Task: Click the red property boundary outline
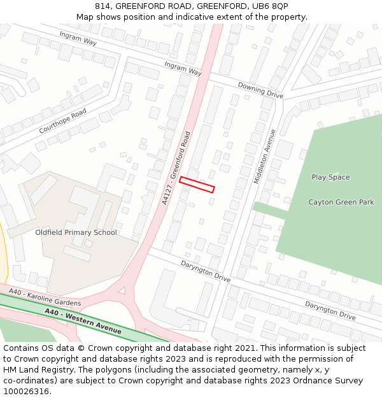coord(197,184)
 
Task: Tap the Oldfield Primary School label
coord(76,232)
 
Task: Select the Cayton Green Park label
coord(341,203)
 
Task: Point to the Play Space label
coord(330,177)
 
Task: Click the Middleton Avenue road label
coord(265,157)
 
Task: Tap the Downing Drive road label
coord(260,90)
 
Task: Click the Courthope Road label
coord(62,121)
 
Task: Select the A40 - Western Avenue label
coord(83,321)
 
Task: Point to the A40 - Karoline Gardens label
coord(45,298)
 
